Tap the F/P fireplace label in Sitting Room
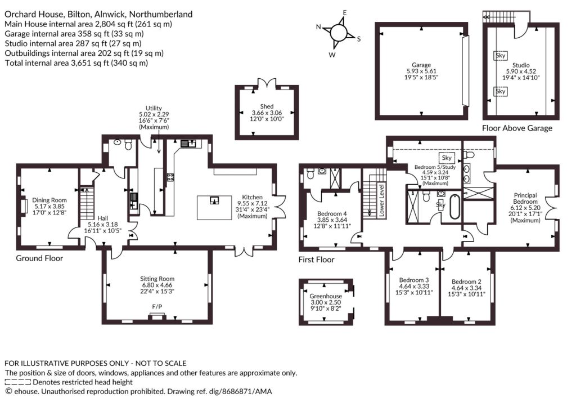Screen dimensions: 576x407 coord(157,307)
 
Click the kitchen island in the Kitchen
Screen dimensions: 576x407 coord(214,208)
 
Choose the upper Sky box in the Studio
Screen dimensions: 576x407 coord(500,56)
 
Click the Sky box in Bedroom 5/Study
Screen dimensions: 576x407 coord(447,158)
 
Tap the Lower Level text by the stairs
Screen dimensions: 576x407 coord(381,200)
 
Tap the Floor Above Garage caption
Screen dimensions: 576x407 coord(517,128)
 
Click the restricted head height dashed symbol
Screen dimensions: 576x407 coord(17,382)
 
